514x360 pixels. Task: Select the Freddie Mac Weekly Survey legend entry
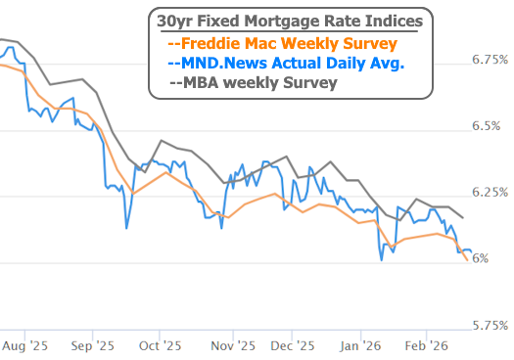point(283,43)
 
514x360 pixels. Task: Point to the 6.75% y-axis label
point(490,60)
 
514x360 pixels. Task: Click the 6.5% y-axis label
point(490,126)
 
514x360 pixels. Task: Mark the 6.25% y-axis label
point(490,192)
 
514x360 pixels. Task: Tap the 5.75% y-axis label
point(490,324)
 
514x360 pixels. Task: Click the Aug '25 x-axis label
point(24,345)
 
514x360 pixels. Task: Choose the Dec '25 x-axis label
point(292,345)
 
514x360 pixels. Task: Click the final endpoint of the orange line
point(466,259)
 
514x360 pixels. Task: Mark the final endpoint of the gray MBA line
point(463,217)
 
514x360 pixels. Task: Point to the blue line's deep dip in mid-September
point(126,228)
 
